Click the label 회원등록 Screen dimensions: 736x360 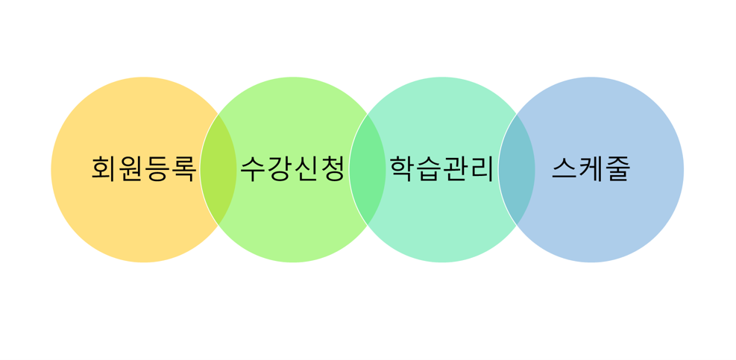(144, 169)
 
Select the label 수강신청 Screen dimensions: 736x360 (293, 169)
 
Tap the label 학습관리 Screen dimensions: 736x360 (442, 169)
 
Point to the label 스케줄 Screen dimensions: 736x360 (591, 169)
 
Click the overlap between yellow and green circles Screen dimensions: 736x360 (218, 169)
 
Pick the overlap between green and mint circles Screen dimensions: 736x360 (368, 169)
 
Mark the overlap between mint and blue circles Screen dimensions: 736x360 (517, 169)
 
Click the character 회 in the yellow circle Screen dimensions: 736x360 (104, 169)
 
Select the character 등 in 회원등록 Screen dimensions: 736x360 (157, 169)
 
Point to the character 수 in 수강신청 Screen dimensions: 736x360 (254, 169)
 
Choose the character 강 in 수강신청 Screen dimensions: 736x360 (280, 169)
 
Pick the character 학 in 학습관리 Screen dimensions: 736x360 (403, 169)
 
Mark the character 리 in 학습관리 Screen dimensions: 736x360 (482, 169)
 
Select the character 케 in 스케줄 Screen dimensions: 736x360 (591, 169)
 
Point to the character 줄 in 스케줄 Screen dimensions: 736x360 (617, 169)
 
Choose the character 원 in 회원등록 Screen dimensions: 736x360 (130, 169)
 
